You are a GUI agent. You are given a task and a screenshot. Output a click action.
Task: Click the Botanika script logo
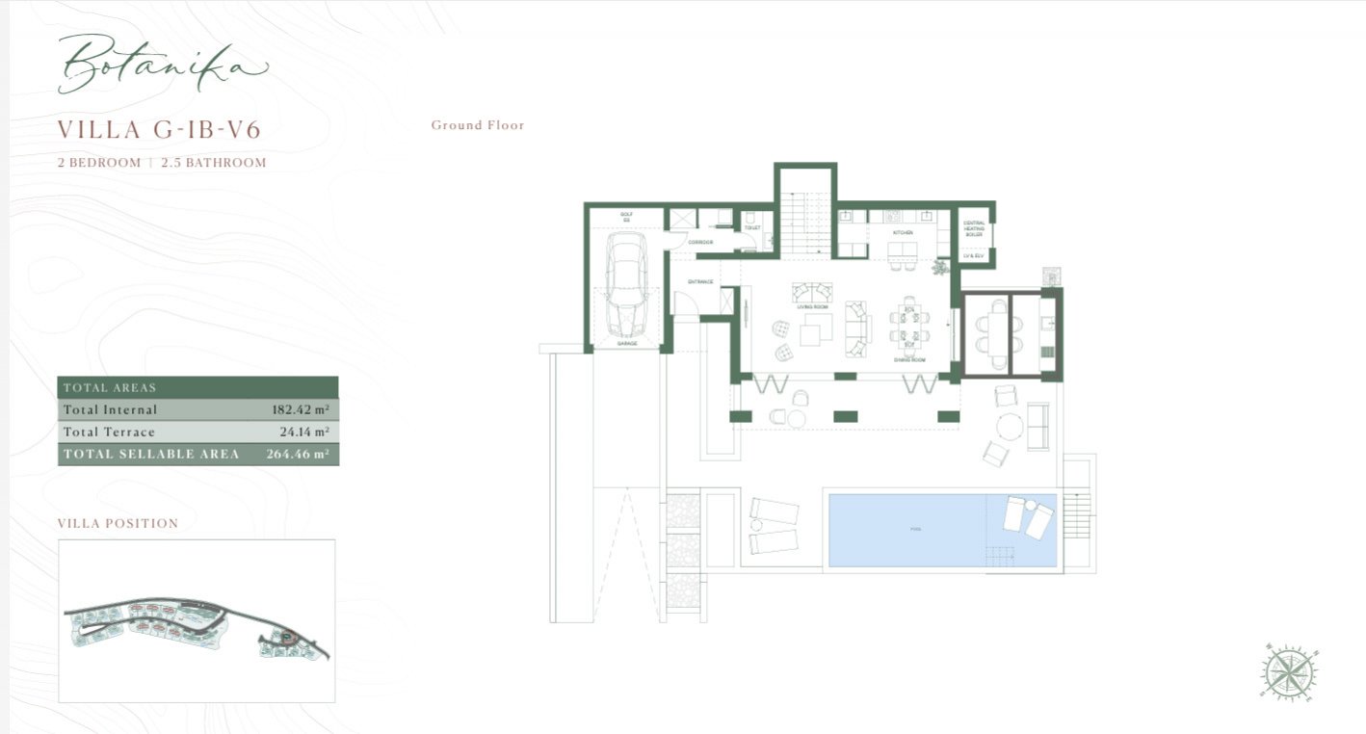click(161, 65)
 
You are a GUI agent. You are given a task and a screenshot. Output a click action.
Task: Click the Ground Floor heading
click(478, 125)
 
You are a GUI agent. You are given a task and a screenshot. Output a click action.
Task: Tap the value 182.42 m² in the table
click(300, 409)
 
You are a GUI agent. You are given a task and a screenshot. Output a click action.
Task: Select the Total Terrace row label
click(109, 433)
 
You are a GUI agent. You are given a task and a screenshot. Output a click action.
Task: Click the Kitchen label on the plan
click(902, 233)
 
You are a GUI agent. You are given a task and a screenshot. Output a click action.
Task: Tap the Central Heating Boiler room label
click(974, 228)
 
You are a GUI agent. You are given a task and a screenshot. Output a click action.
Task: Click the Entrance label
click(699, 281)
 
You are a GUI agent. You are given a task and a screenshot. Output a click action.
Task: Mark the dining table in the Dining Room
click(907, 324)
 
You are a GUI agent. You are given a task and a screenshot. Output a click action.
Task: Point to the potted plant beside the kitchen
click(940, 268)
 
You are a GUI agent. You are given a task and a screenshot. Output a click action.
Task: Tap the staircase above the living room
click(804, 223)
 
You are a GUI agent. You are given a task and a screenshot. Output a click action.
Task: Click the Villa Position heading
click(118, 524)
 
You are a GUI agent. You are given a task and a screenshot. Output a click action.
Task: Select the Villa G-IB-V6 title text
click(159, 129)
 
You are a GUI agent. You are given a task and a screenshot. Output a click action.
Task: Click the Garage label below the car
click(626, 343)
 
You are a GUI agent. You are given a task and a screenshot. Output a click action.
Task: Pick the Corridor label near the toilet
click(700, 242)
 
